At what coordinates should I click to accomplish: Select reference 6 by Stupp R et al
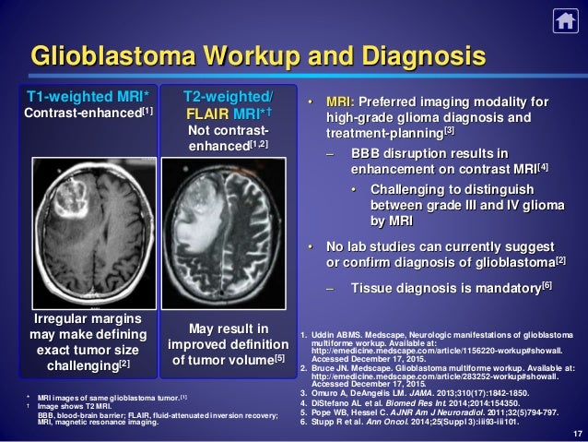(406, 422)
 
